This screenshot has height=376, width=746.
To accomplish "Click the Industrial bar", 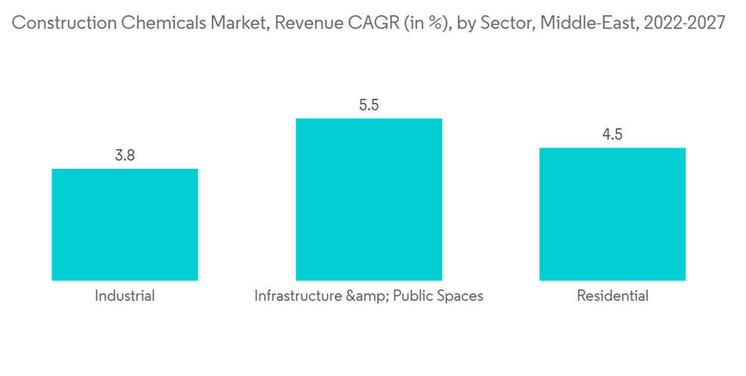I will click(x=125, y=225).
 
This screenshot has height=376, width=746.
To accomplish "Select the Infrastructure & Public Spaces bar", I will click(x=369, y=199).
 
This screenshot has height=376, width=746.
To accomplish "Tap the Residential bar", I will click(x=612, y=214).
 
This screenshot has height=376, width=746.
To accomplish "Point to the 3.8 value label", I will click(x=125, y=156).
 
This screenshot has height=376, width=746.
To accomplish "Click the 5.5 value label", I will click(x=369, y=105).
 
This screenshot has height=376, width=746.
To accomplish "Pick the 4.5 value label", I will click(x=612, y=135).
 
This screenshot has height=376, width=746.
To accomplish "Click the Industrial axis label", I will click(x=125, y=296).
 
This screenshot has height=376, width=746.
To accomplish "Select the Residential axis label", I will click(x=612, y=296).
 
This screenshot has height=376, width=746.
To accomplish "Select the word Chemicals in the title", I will click(x=159, y=23).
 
